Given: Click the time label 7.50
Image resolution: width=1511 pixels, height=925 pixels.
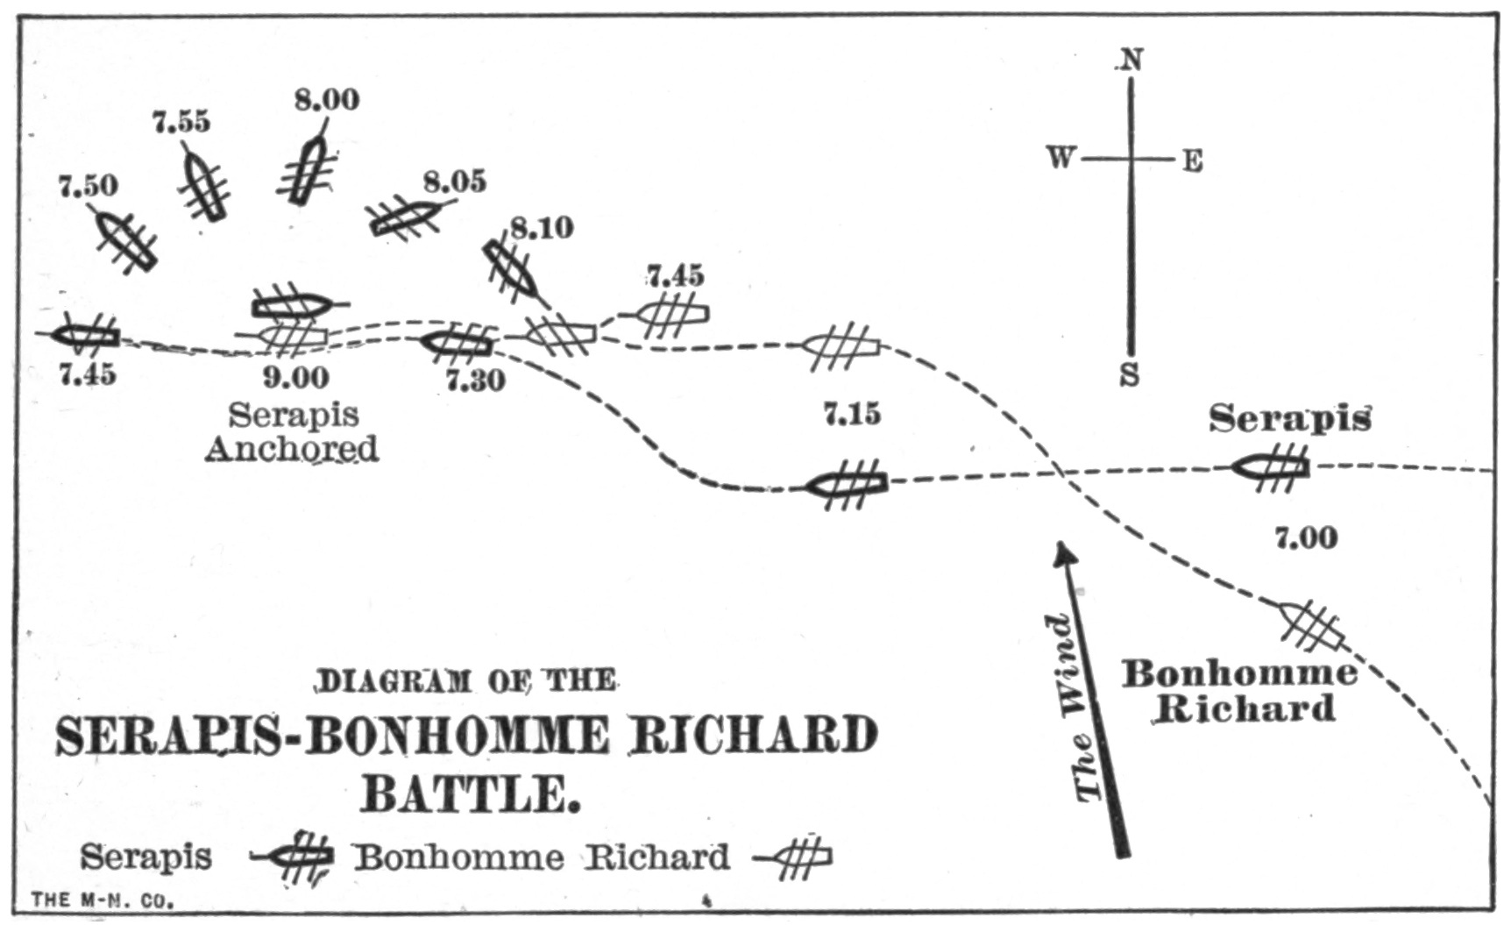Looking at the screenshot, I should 88,186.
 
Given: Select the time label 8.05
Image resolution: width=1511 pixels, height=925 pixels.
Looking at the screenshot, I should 454,181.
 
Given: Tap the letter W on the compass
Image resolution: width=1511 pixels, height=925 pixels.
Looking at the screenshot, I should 1061,159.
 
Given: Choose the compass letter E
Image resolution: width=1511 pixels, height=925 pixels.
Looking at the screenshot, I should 1192,161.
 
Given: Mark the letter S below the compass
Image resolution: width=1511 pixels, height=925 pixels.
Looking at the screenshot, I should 1130,374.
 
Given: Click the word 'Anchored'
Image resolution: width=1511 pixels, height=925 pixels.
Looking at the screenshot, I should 292,448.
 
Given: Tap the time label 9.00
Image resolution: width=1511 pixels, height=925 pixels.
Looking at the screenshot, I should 296,377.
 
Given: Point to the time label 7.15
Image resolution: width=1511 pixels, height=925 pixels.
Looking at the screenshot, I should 852,413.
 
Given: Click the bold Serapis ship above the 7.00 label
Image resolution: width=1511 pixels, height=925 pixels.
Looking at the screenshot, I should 1272,467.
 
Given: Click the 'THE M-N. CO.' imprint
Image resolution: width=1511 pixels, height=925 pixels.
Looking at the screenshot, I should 103,900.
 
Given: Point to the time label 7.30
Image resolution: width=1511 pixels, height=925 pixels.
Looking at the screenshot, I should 475,381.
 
